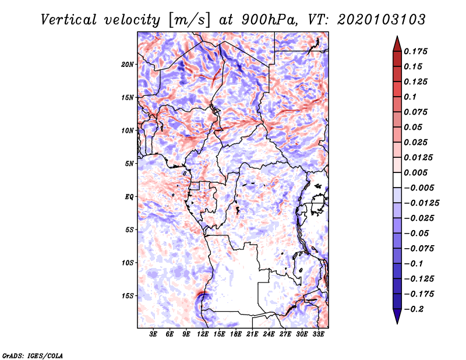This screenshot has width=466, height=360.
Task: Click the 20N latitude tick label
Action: (x=128, y=65)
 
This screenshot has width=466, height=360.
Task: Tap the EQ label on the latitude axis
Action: (x=129, y=197)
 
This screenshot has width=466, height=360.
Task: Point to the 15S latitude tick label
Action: (x=128, y=296)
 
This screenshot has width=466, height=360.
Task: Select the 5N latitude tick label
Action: (x=129, y=164)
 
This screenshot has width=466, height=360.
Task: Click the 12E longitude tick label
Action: (x=203, y=334)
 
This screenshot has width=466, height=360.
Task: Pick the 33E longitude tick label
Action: (x=318, y=334)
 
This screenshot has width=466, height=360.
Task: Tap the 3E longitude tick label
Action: (x=153, y=334)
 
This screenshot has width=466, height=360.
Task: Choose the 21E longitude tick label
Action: (x=252, y=334)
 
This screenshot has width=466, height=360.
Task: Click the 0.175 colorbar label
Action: (x=415, y=51)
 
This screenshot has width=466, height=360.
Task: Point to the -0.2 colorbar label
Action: (x=414, y=309)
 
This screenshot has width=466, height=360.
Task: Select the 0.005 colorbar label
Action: (x=415, y=172)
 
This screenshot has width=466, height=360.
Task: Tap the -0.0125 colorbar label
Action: (x=422, y=203)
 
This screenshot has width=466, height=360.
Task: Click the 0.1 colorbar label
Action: (x=410, y=97)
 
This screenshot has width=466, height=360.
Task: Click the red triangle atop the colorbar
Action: (x=397, y=44)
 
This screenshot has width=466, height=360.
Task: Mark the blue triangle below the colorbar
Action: (x=397, y=316)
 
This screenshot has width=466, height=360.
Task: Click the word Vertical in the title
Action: (x=68, y=20)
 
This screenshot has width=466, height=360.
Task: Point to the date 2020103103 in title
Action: (x=382, y=20)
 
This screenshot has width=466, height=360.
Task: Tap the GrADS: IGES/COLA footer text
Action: (x=33, y=355)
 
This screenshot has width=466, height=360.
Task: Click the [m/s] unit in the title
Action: (x=189, y=20)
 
